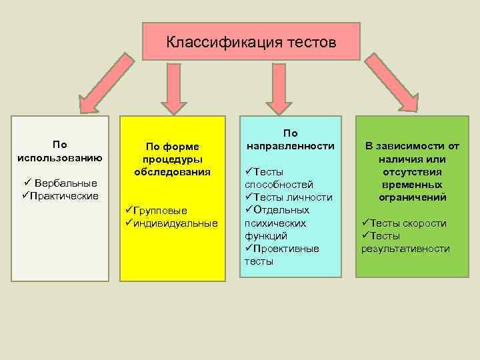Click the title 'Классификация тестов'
coord(251,43)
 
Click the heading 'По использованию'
coord(59,151)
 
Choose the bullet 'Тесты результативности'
coord(405,243)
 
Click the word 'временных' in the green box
coord(412,185)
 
